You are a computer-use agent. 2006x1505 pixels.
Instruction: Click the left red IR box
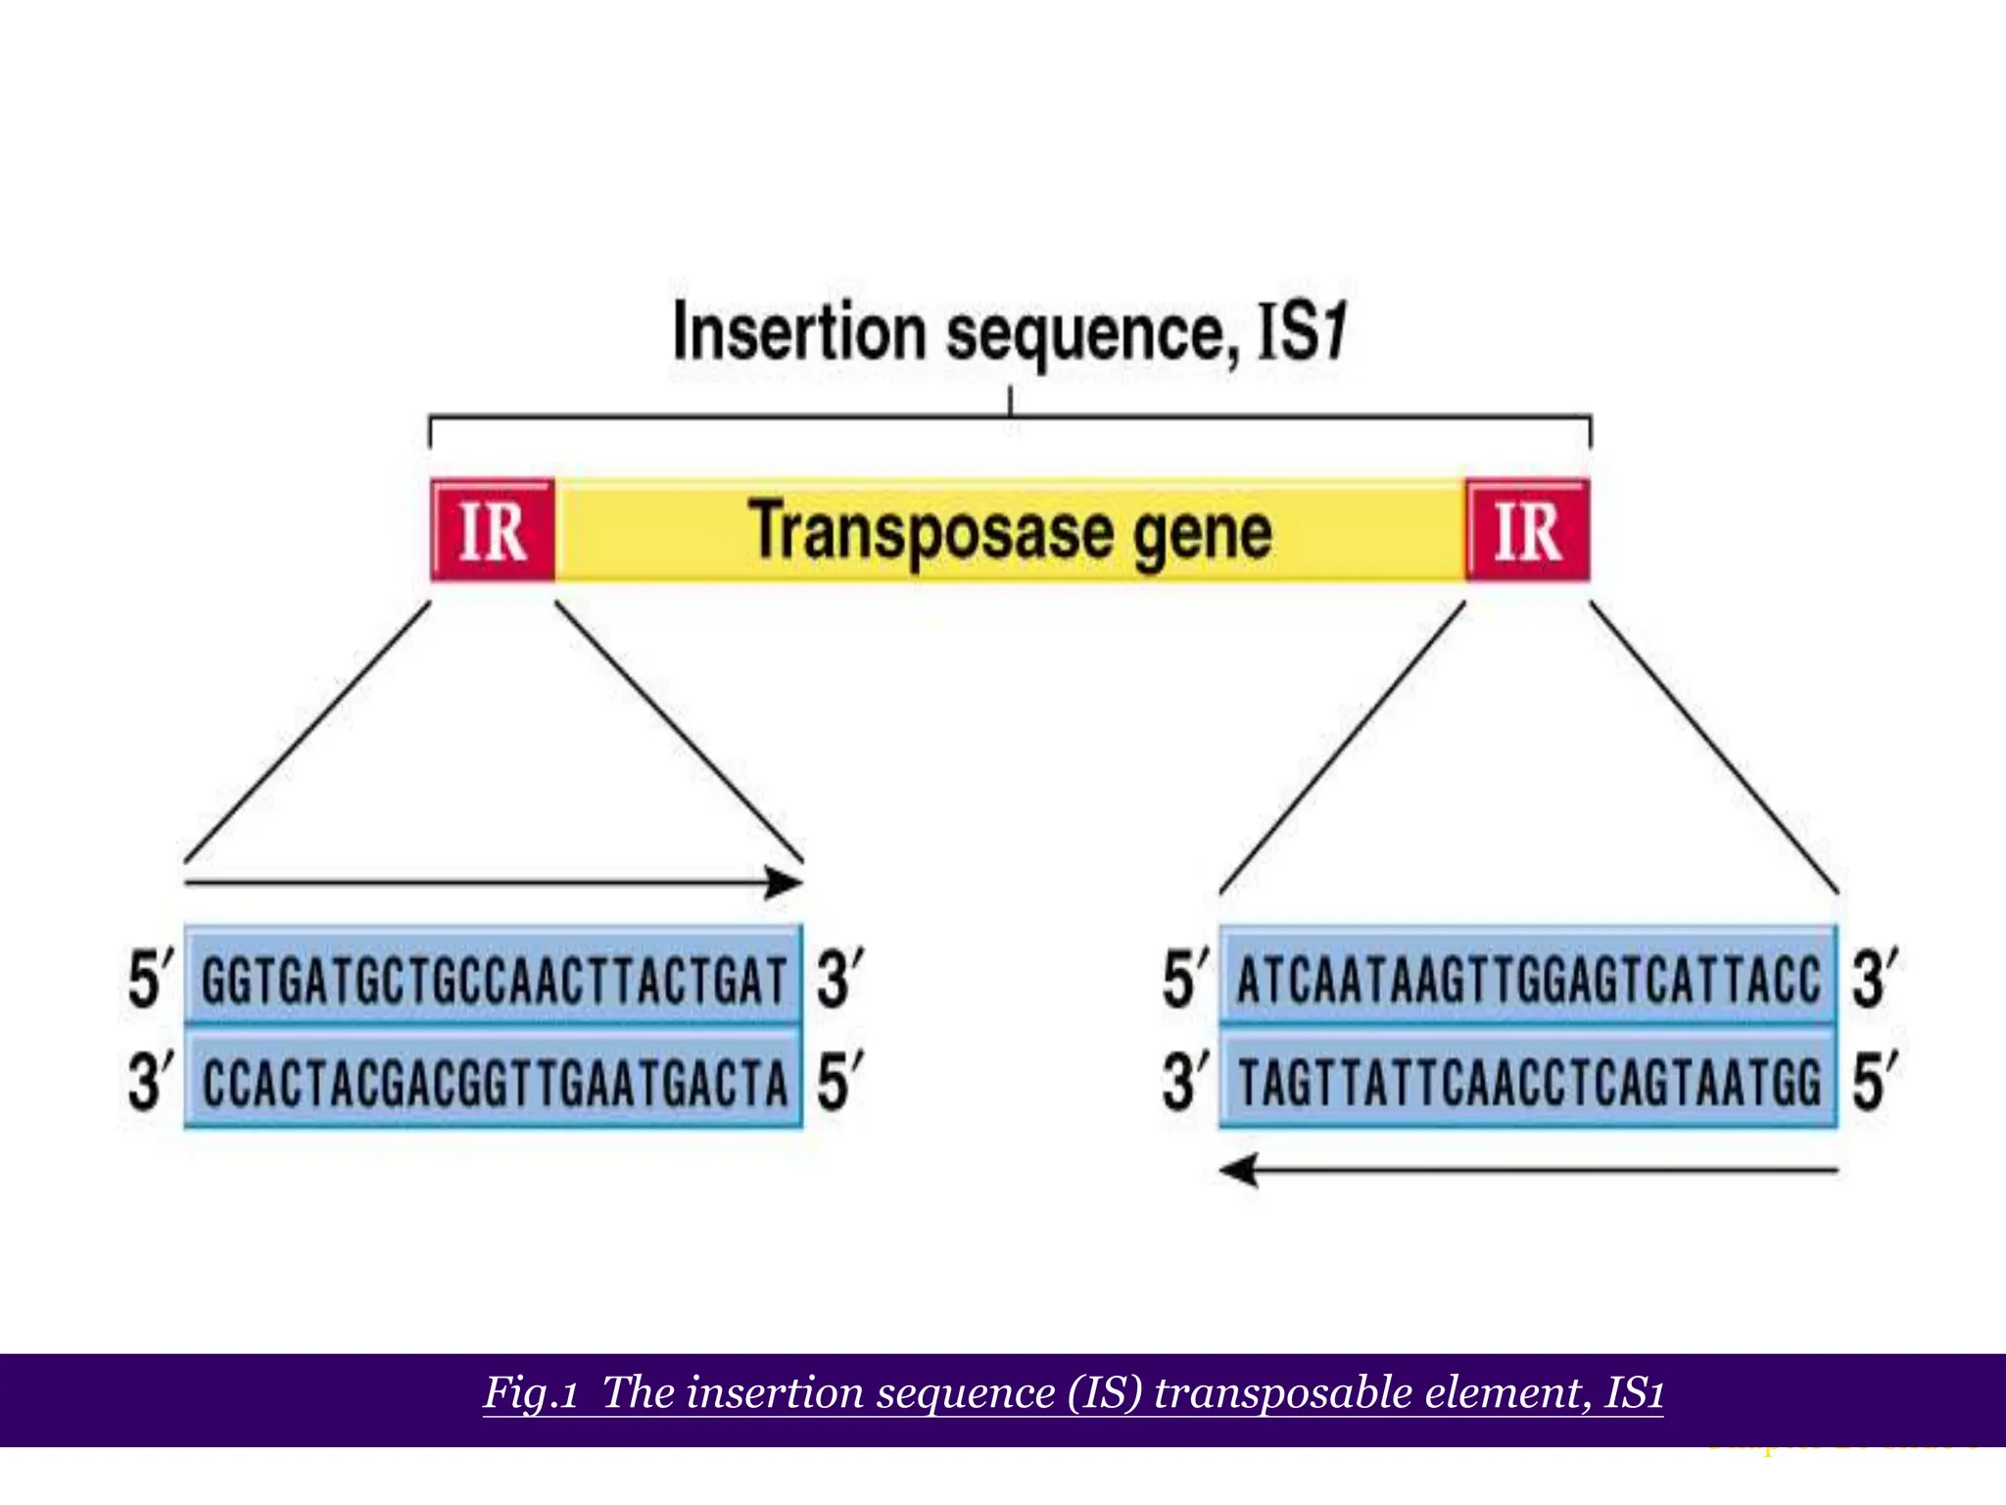(493, 531)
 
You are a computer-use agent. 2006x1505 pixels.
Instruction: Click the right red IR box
(1527, 531)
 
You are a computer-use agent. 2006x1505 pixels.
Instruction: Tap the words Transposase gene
(1010, 532)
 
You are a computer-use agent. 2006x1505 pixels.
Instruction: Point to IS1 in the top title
(1303, 333)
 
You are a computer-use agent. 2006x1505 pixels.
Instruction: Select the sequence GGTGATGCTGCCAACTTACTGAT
(494, 979)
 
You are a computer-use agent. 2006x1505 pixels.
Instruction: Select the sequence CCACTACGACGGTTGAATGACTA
(494, 1082)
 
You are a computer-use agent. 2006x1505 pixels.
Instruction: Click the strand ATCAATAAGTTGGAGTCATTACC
(1528, 979)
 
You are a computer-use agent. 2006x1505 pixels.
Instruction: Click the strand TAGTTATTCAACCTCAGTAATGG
(1528, 1082)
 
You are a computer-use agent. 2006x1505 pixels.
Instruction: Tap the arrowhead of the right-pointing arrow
(786, 883)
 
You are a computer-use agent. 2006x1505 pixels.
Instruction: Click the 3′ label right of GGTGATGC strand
(839, 979)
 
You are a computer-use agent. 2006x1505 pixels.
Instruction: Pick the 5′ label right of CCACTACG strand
(839, 1082)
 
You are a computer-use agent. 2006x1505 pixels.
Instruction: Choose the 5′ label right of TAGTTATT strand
(1874, 1082)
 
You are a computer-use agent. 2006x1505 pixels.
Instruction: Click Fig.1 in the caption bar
(530, 1392)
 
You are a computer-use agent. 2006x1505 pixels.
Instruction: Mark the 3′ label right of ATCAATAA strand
(1874, 979)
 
